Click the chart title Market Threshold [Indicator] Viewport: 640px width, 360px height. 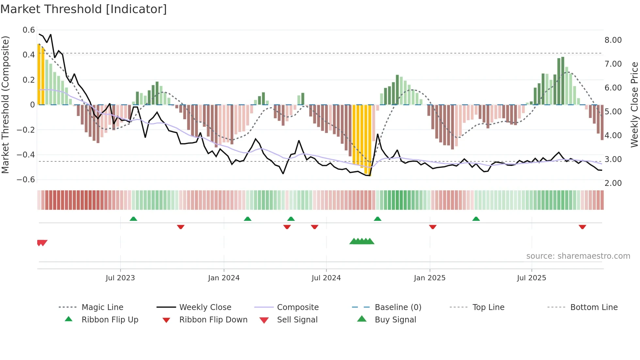(x=84, y=9)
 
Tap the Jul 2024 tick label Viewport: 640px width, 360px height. (x=326, y=278)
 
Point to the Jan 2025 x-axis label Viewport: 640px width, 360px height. (x=429, y=278)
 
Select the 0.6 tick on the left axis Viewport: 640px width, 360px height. (x=29, y=30)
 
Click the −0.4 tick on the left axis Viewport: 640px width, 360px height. (x=26, y=155)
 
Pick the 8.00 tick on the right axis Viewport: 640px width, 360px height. (x=613, y=40)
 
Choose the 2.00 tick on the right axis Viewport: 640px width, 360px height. (x=613, y=183)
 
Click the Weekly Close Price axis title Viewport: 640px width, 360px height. (x=634, y=105)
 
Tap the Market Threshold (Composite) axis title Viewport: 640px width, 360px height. (x=5, y=105)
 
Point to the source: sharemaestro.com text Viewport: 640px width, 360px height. (x=578, y=256)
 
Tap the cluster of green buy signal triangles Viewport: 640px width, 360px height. (x=362, y=241)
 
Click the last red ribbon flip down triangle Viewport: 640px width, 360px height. (x=582, y=227)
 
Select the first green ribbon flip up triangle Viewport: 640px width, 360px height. (x=133, y=219)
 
